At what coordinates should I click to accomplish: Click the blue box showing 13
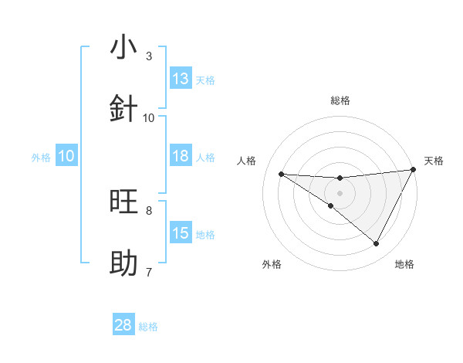pyautogui.click(x=181, y=79)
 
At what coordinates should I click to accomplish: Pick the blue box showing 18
pyautogui.click(x=181, y=156)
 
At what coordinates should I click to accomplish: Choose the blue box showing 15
pyautogui.click(x=181, y=233)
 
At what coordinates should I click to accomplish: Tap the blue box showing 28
pyautogui.click(x=123, y=325)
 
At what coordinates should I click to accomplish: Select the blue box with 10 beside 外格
pyautogui.click(x=66, y=156)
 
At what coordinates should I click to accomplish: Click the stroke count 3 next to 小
pyautogui.click(x=149, y=56)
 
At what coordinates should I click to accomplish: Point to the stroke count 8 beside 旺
pyautogui.click(x=149, y=210)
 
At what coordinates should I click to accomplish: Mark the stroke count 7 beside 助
pyautogui.click(x=149, y=272)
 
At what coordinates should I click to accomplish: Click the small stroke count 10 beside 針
pyautogui.click(x=149, y=117)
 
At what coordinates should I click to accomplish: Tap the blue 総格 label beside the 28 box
pyautogui.click(x=148, y=327)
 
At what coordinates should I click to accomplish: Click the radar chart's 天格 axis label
pyautogui.click(x=434, y=161)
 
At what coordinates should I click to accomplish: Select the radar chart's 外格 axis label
pyautogui.click(x=271, y=264)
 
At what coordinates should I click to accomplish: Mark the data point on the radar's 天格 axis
pyautogui.click(x=414, y=170)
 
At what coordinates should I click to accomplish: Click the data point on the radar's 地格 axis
pyautogui.click(x=377, y=244)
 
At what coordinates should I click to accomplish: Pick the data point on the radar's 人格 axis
pyautogui.click(x=281, y=174)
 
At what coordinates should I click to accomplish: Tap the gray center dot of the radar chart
pyautogui.click(x=340, y=193)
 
